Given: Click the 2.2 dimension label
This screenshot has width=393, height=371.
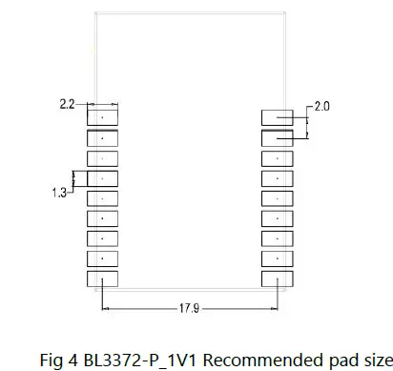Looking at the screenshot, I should point(66,103).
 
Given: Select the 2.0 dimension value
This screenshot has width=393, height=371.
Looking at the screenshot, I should point(321,107).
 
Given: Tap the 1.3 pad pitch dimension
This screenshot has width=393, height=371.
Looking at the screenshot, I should point(59,192).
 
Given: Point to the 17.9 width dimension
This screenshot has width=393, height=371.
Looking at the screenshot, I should point(189,308).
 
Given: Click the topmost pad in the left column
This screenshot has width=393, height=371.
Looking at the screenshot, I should point(101,117).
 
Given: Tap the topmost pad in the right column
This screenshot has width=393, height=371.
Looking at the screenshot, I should point(277,117).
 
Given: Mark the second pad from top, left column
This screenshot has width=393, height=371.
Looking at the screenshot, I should point(101,137).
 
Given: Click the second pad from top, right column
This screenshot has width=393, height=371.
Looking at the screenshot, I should point(277,137).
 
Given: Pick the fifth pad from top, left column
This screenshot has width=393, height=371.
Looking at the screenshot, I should point(101,198).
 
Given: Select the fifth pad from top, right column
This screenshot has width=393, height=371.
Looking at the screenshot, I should point(277,198).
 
